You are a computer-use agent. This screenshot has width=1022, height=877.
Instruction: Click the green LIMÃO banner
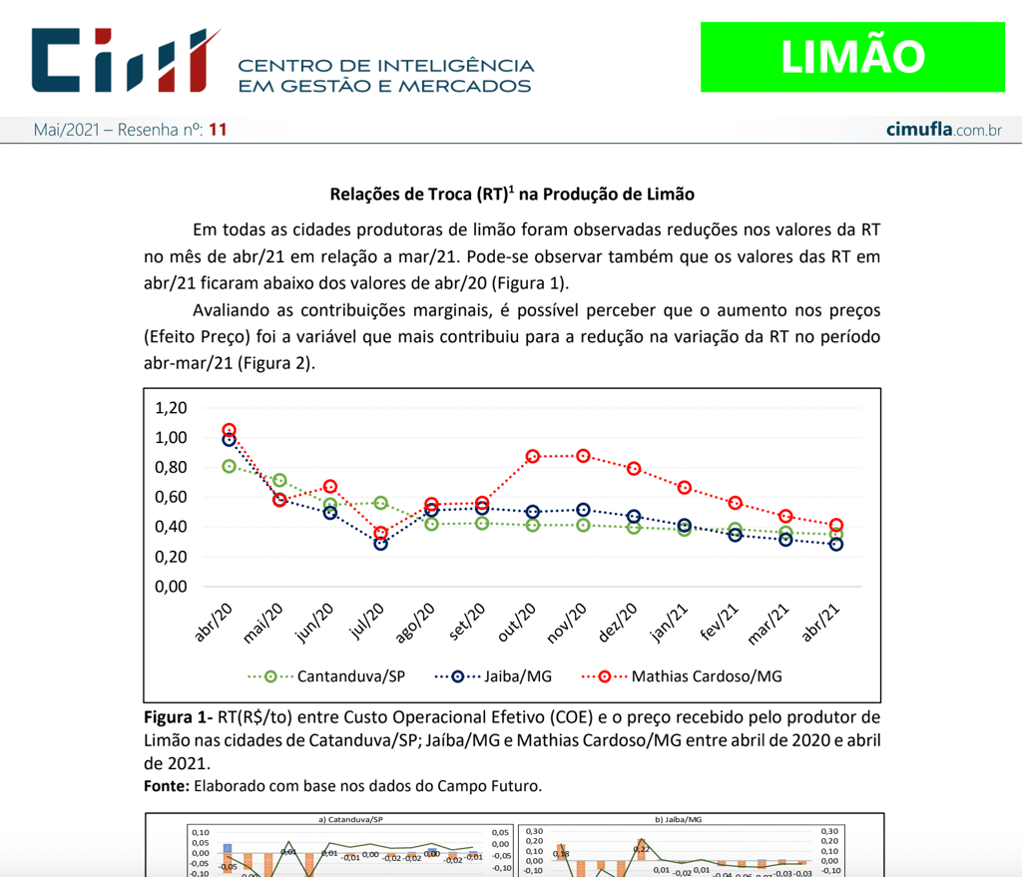(851, 57)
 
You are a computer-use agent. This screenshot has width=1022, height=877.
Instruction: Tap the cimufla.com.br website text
(943, 131)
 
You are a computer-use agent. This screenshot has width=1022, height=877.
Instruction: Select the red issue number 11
(219, 130)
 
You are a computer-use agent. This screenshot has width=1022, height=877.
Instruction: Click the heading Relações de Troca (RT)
(511, 194)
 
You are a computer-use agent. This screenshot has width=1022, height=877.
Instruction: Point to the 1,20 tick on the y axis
(172, 408)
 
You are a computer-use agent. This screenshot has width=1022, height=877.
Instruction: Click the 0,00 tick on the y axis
(172, 587)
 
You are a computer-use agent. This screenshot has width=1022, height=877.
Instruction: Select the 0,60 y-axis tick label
(172, 497)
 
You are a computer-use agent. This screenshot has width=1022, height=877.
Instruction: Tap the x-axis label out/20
(521, 623)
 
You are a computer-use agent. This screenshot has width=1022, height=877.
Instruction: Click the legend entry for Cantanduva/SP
(326, 675)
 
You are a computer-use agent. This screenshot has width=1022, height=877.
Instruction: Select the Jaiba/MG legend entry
(493, 675)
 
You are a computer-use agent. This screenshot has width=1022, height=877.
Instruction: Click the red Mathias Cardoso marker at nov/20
(583, 456)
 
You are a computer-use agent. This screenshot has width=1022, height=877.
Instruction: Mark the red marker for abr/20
(229, 431)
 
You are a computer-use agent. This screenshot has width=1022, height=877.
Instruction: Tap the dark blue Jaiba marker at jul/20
(380, 543)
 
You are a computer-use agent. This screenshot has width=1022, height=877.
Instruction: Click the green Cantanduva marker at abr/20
(229, 466)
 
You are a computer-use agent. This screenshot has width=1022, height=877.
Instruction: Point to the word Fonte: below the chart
(167, 786)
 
